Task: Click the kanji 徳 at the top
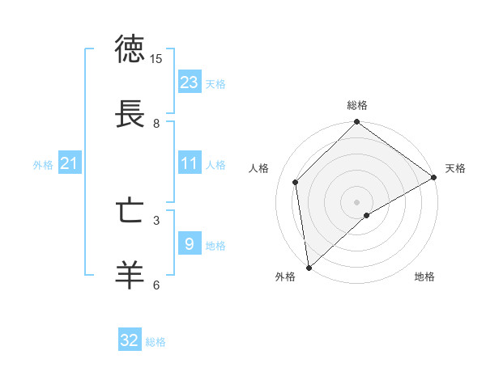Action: coord(130,49)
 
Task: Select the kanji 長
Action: coord(130,114)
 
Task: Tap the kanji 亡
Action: coord(130,211)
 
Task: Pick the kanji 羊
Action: coord(130,276)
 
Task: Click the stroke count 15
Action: coord(156,59)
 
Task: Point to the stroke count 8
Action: coord(156,124)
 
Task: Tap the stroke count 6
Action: coord(156,285)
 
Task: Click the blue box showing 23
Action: coord(190,82)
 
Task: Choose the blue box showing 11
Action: coord(190,163)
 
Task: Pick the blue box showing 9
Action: coord(190,243)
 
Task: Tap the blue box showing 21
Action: coord(69,163)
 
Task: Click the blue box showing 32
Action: coord(130,340)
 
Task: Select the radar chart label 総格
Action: coord(357,105)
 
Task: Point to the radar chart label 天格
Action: coord(455,168)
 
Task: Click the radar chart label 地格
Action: coord(424,277)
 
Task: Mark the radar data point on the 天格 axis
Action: coord(434,177)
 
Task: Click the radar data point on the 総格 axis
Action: coord(357,123)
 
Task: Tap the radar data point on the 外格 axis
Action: coord(309,267)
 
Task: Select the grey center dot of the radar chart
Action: coord(357,201)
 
